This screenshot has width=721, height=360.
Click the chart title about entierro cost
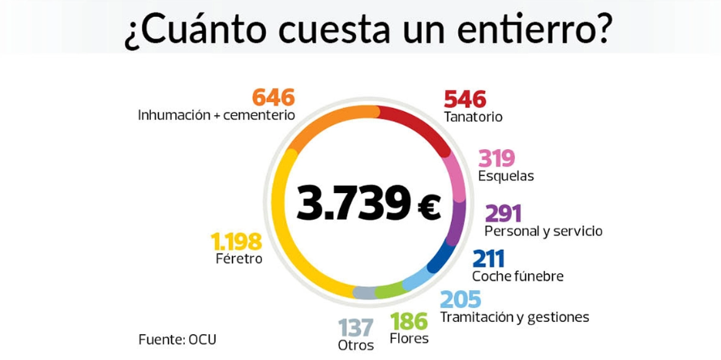(368, 31)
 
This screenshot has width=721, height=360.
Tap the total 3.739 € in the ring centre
(368, 204)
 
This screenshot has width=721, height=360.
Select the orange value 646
(273, 97)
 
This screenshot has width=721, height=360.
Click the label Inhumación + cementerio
(217, 115)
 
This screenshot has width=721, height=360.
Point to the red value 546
(465, 99)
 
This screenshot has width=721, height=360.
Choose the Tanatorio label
(473, 117)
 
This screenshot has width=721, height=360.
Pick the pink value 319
(496, 158)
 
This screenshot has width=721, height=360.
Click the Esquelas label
(505, 176)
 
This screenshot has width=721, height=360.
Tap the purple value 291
(503, 213)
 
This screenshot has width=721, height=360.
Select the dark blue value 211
(488, 259)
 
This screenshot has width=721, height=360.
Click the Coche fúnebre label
(517, 276)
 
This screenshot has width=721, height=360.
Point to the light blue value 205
(460, 300)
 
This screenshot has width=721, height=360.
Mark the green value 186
(409, 322)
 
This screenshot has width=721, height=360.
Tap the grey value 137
(356, 328)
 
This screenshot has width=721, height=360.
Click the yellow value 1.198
(236, 242)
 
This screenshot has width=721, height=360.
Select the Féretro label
(239, 259)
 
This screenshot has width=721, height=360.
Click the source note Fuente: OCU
(178, 339)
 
